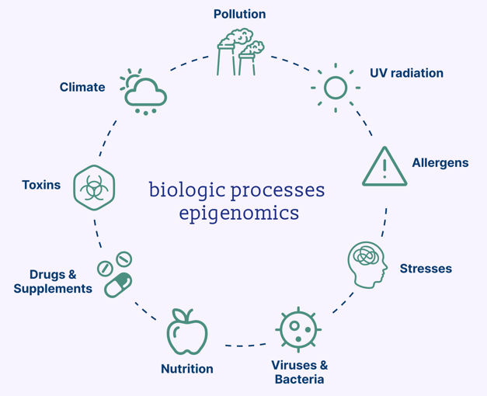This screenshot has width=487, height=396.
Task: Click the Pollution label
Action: (239, 14)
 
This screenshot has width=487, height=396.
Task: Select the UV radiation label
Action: (406, 73)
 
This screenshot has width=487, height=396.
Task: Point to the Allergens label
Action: (440, 163)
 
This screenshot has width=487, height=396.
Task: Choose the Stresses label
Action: (426, 269)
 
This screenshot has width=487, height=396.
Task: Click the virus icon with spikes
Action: (298, 329)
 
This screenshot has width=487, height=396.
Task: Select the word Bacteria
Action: (299, 379)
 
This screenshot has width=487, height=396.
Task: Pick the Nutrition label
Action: (187, 369)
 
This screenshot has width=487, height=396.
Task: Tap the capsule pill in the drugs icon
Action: (118, 285)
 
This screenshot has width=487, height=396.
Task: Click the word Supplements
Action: (53, 289)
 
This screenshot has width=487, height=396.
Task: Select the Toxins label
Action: (41, 185)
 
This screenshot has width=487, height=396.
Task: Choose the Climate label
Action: (82, 87)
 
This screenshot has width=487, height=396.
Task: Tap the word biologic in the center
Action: (187, 190)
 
